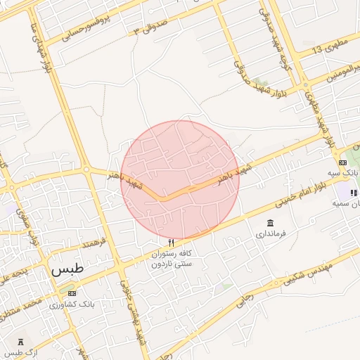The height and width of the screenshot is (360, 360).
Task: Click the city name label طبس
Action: point(67,269)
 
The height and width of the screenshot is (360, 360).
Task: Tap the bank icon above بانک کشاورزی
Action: point(71,291)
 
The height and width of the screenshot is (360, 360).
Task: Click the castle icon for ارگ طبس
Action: point(11,341)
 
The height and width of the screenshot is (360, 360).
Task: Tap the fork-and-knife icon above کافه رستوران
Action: point(170,243)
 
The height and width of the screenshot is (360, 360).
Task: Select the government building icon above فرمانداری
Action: point(271,223)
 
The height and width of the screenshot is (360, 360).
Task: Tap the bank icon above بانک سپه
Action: point(342,162)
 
